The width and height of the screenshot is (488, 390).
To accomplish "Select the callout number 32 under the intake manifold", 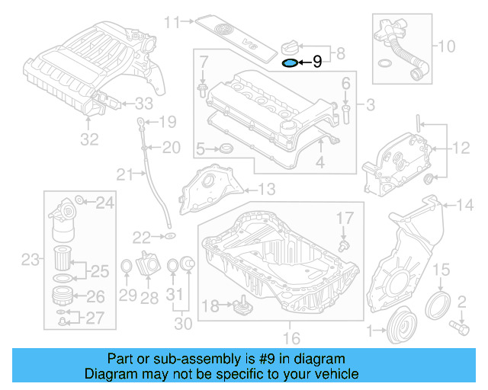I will pos(90,139).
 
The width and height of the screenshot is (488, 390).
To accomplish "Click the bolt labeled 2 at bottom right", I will pos(460,327).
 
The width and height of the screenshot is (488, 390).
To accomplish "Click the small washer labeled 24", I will pos(81,202).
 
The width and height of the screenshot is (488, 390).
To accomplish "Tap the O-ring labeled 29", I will pos(127,266).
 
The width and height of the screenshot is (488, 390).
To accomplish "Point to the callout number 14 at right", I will pos(464,203).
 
